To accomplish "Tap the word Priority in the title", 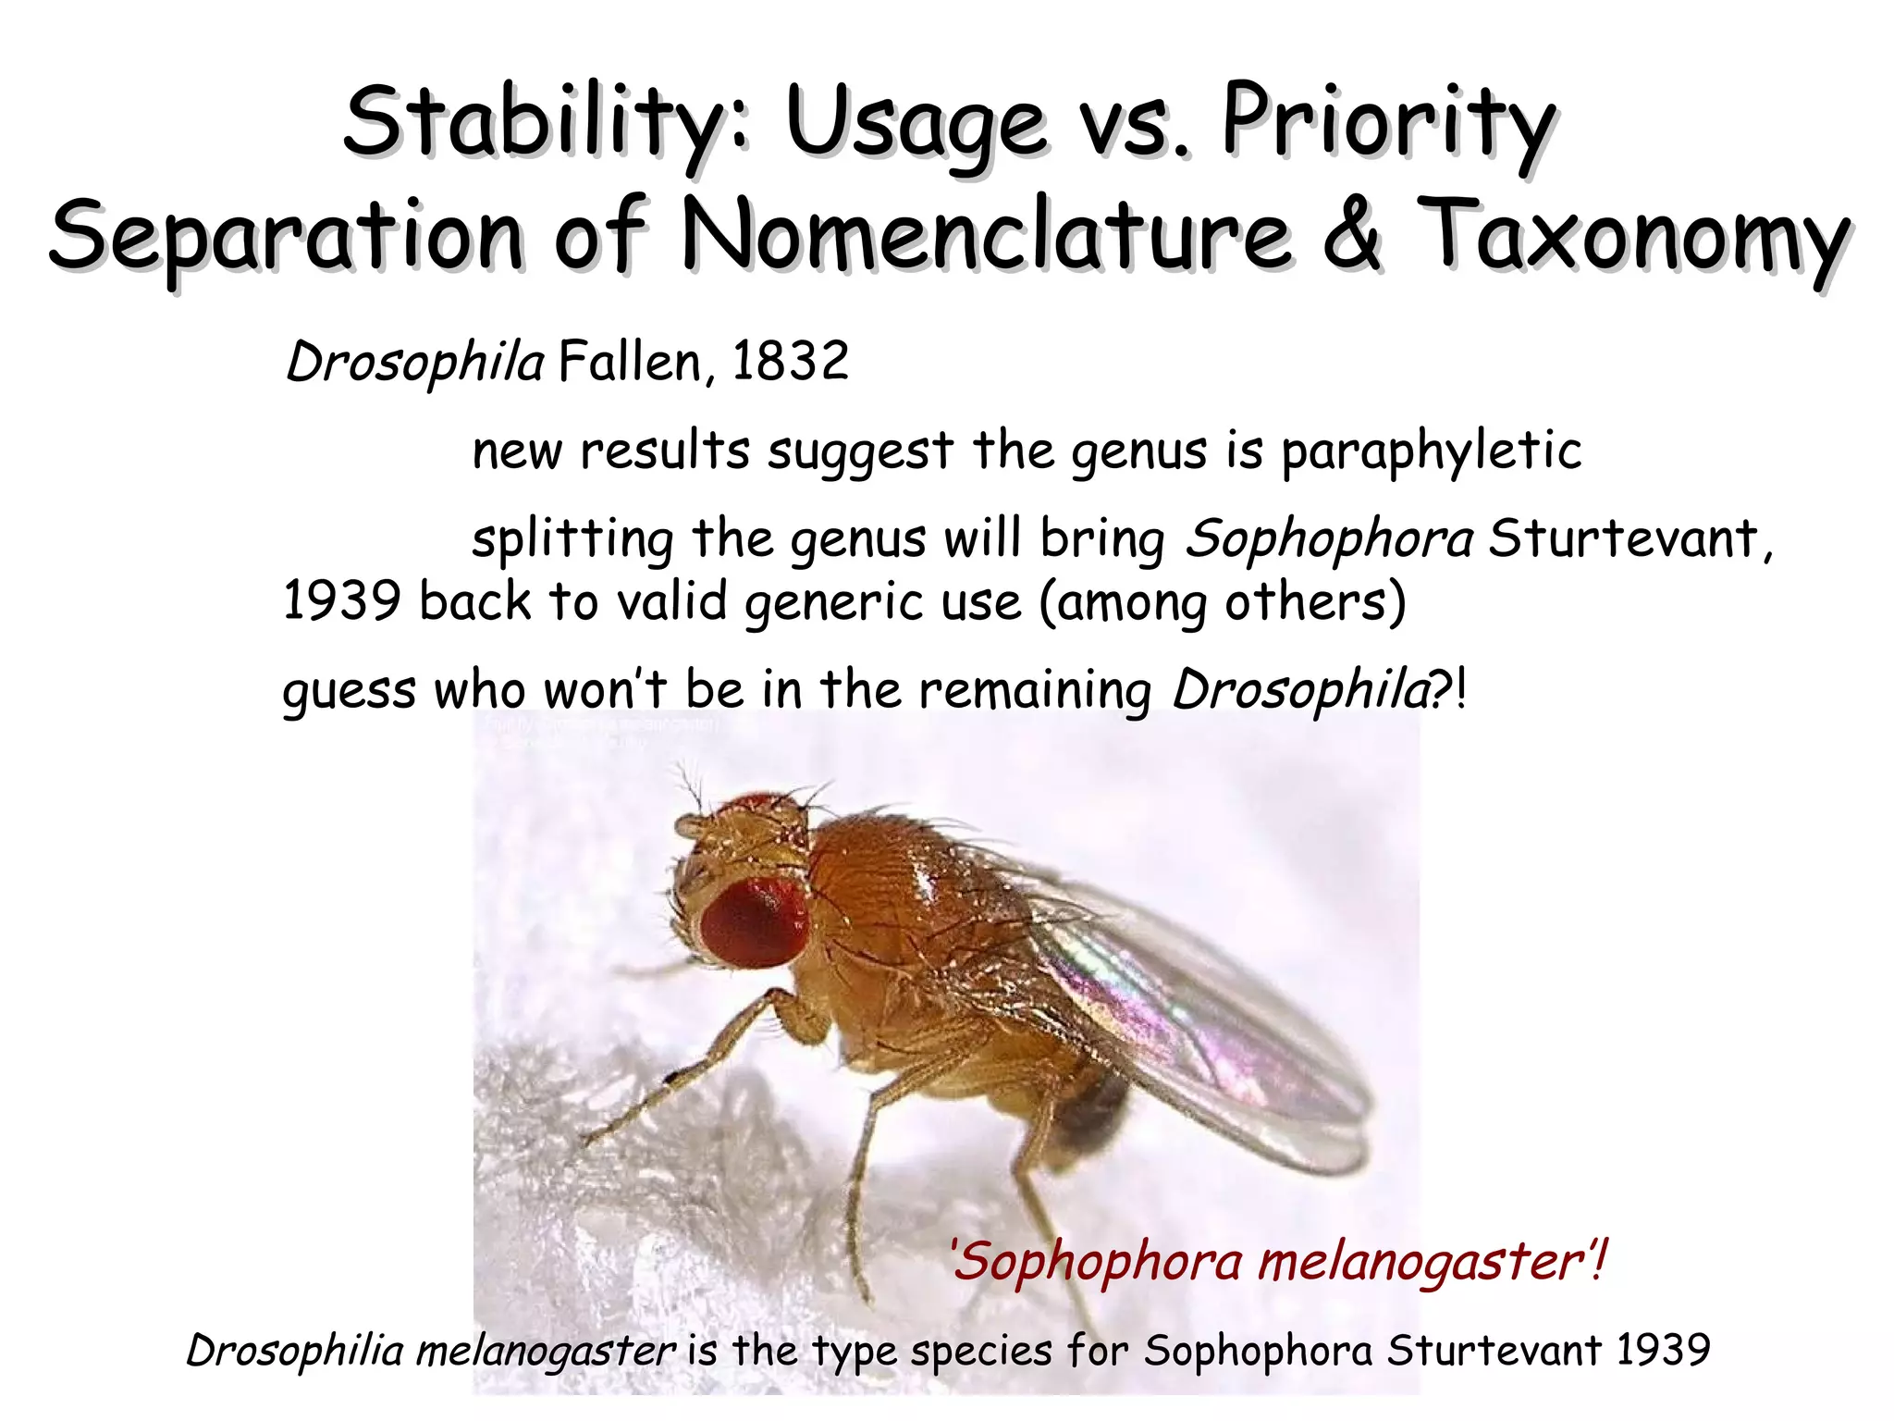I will coord(1388,123).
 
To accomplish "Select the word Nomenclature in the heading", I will coord(985,237).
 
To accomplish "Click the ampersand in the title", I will coord(1351,235).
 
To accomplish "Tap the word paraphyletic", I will coord(1431,451).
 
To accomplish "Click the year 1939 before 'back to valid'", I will coord(341,601).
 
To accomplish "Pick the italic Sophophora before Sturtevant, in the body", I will coord(1329,538).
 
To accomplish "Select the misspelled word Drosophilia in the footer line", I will coord(295,1351).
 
